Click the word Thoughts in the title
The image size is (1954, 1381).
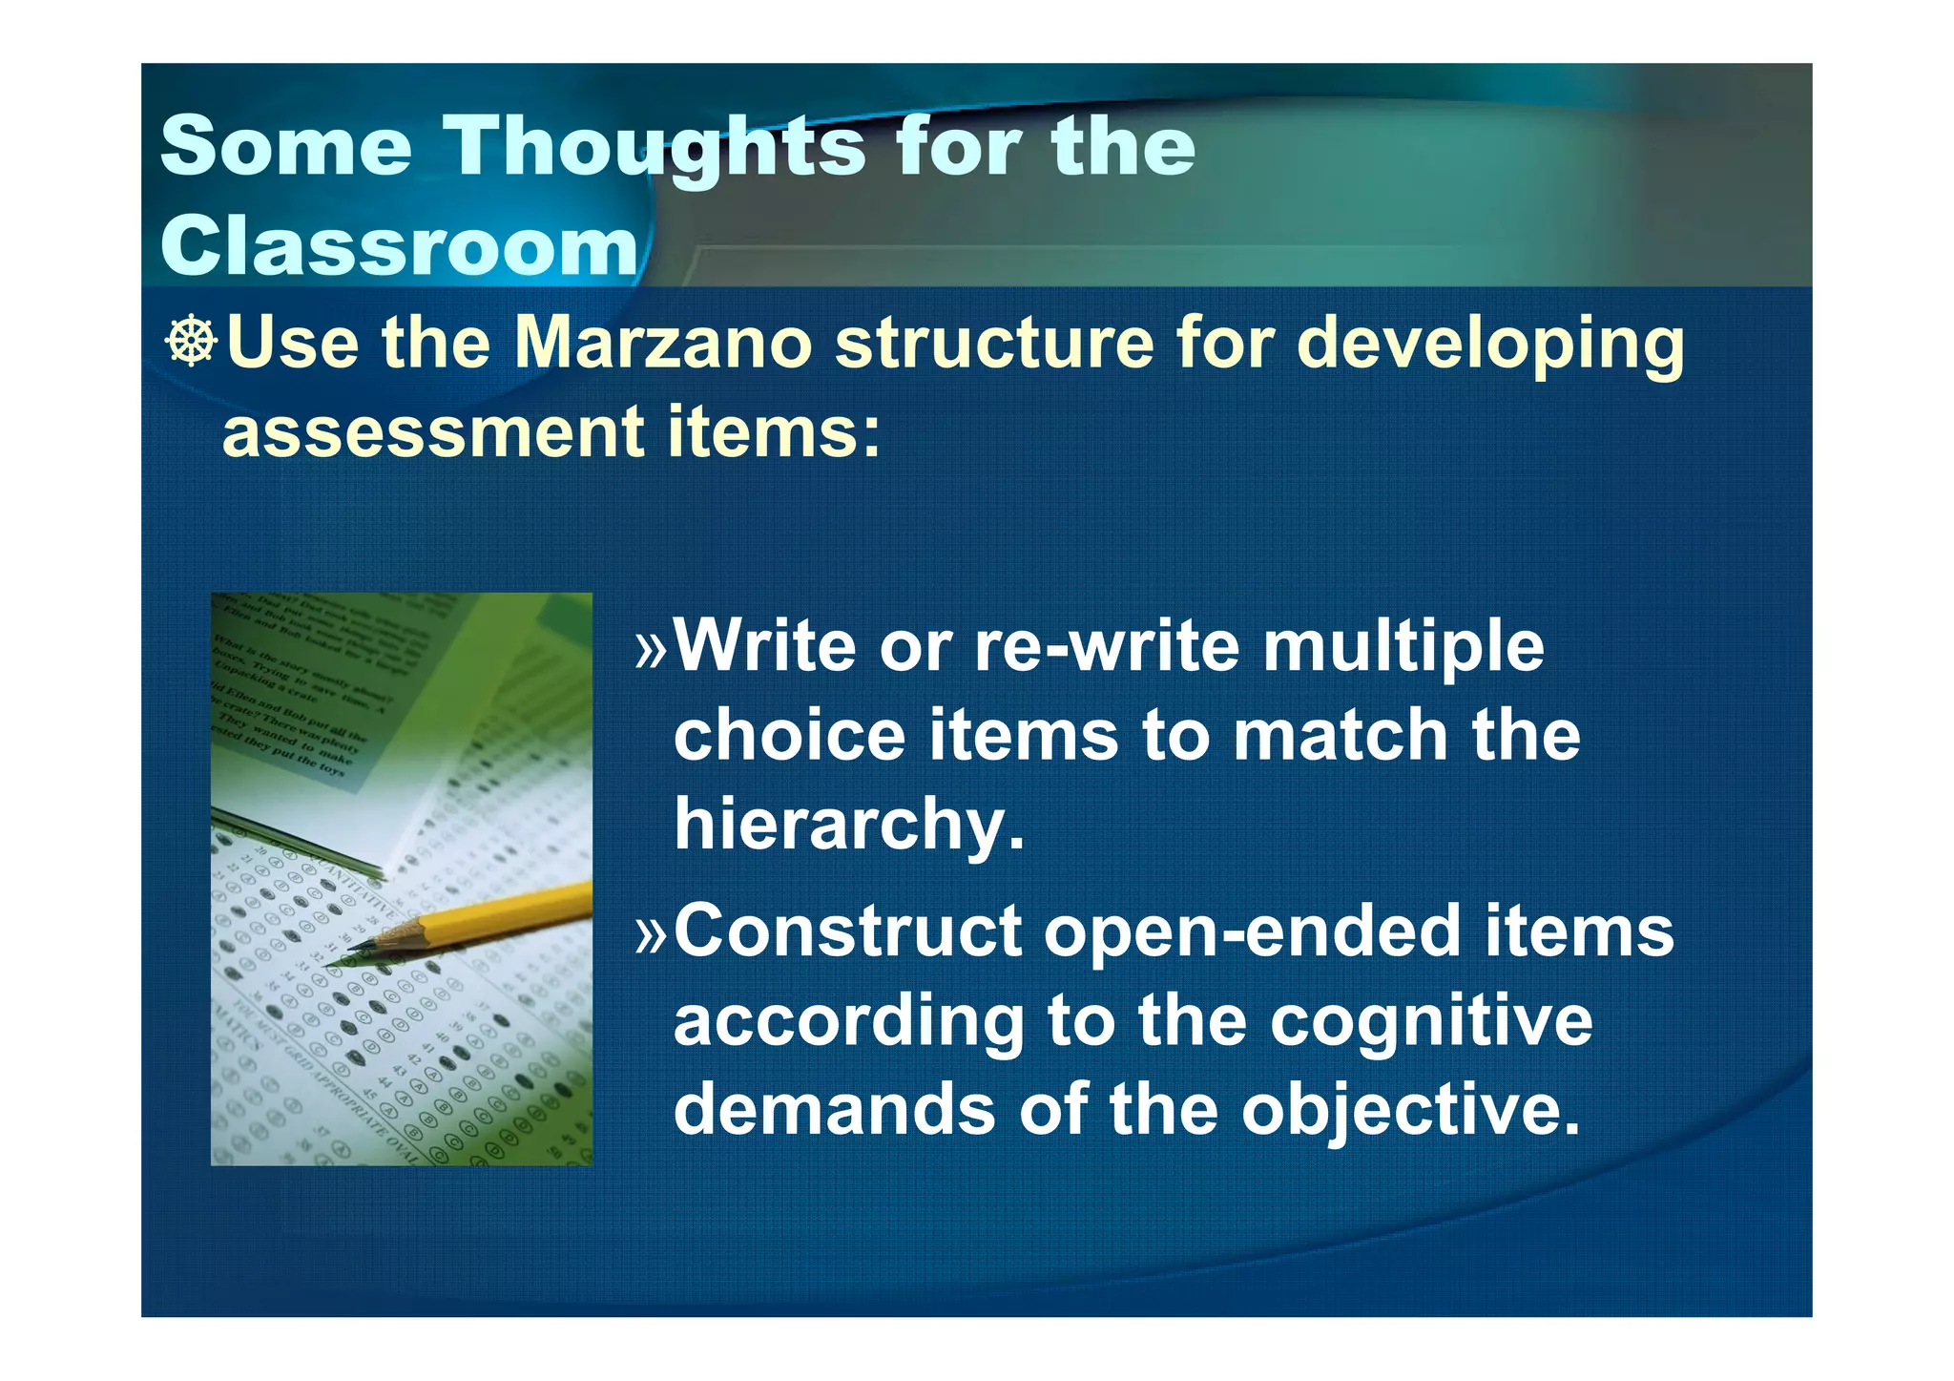(656, 148)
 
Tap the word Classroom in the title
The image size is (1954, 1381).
(399, 246)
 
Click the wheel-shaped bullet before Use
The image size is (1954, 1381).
(192, 342)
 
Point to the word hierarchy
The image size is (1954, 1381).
(849, 825)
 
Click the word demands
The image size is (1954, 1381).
(834, 1109)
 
